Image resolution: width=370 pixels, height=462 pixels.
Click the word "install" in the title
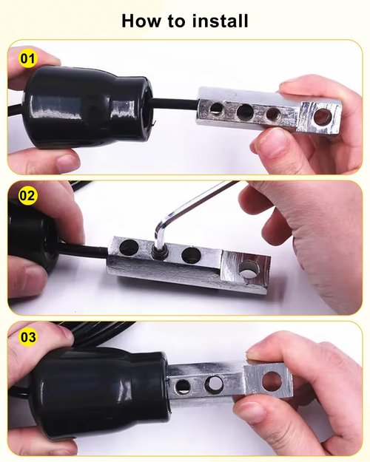point(220,21)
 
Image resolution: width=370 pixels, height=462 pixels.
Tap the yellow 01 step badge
point(27,58)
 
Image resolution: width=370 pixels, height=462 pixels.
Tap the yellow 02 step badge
point(27,195)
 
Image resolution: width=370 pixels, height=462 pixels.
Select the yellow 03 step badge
point(28,337)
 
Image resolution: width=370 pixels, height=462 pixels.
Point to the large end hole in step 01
point(323,116)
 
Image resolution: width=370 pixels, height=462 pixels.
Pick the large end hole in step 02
point(249,269)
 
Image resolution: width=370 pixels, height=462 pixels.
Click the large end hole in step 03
point(272,381)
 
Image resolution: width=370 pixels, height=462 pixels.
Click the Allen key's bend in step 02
point(159,225)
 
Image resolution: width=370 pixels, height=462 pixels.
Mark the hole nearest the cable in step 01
point(216,109)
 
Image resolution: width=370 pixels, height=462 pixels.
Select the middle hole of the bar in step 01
point(245,111)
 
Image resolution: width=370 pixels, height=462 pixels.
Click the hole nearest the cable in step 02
point(129,247)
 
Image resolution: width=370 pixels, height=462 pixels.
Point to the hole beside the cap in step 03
point(182,386)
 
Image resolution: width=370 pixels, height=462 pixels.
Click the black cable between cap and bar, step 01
point(175,103)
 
